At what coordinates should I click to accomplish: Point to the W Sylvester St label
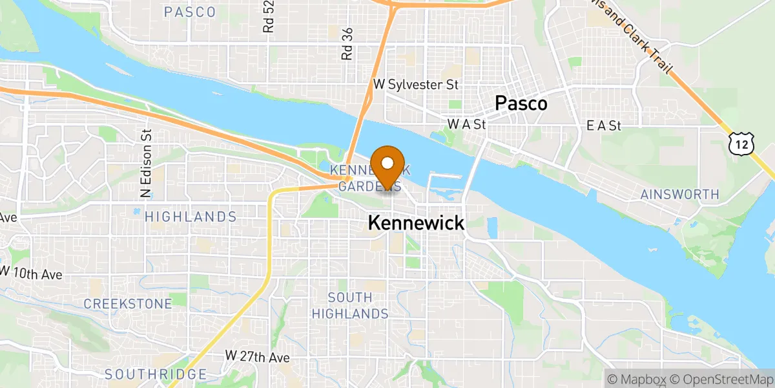pos(415,85)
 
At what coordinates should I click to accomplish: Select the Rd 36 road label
pos(347,44)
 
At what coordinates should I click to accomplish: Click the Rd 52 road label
pos(269,16)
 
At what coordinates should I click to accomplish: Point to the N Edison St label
pos(147,162)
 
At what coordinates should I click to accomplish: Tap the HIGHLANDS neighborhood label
pos(191,217)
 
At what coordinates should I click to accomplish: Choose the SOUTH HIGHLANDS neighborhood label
pos(349,306)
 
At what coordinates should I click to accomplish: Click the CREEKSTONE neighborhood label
pos(128,303)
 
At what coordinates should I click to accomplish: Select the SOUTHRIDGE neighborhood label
pos(156,374)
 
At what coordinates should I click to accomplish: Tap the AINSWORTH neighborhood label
pos(679,194)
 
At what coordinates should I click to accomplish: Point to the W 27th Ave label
pos(258,356)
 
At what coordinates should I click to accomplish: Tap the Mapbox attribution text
pos(636,378)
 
